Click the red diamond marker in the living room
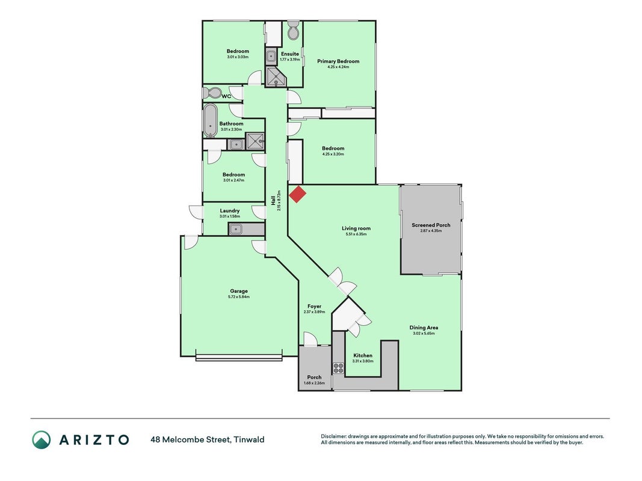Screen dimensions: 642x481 coord(298,194)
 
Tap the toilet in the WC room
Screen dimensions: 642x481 coord(212,93)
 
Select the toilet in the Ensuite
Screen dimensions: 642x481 coord(294,30)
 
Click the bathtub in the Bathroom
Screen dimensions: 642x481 coord(210,120)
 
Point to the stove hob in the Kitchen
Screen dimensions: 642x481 coord(338,368)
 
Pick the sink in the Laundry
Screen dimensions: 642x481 coord(235,229)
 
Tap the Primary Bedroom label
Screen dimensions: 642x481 coord(338,61)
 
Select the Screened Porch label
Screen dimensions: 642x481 coord(431,225)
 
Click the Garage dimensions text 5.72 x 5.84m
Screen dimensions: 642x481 coord(239,297)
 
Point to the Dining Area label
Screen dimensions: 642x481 coord(424,328)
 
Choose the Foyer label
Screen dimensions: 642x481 coord(315,307)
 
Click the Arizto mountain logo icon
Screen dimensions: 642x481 coord(42,440)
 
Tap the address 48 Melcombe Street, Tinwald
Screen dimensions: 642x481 coord(208,440)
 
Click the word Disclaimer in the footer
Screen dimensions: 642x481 coord(333,437)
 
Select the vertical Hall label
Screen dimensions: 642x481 coord(273,200)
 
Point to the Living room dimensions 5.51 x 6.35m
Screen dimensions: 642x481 coord(356,234)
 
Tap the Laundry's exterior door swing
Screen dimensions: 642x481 coord(196,212)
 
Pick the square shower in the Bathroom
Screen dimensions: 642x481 coord(255,141)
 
